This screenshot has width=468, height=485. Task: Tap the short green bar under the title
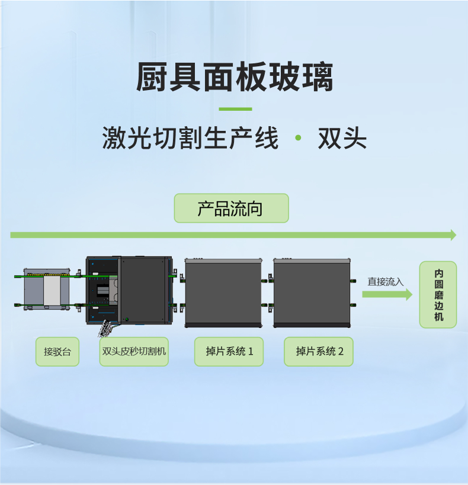(x=235, y=109)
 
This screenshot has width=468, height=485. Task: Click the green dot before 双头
(x=298, y=139)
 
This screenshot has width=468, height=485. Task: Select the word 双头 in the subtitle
(x=342, y=139)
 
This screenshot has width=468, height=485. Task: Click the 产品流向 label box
(x=231, y=208)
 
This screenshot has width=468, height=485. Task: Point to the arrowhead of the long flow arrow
(x=453, y=235)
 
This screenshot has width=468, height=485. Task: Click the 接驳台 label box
(x=57, y=351)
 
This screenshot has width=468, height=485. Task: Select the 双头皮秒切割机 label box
(x=134, y=351)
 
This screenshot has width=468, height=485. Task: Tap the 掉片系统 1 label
(x=229, y=351)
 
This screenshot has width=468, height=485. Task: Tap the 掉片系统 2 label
(x=318, y=351)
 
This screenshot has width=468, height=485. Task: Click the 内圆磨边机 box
(x=438, y=295)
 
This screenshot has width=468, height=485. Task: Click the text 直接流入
(x=385, y=282)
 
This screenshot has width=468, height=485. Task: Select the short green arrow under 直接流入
(x=387, y=294)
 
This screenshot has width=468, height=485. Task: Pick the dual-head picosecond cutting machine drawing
(x=129, y=290)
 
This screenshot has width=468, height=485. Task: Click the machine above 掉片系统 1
(x=223, y=293)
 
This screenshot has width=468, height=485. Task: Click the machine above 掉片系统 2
(x=312, y=293)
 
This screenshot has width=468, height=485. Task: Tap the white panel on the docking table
(x=52, y=291)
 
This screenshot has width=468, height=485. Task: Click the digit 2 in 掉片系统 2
(x=341, y=351)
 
